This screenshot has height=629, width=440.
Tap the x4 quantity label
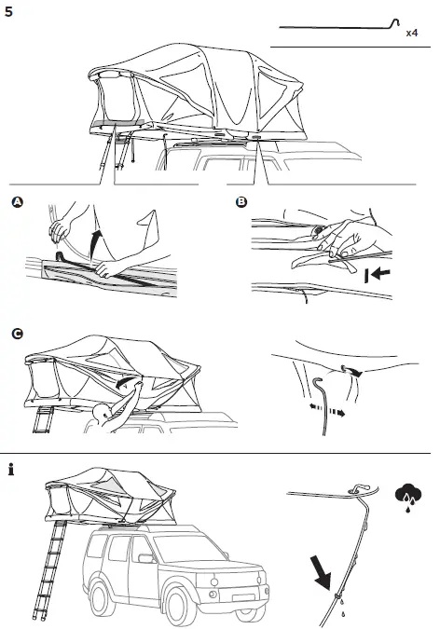click(x=412, y=33)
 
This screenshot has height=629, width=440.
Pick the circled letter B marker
click(x=242, y=202)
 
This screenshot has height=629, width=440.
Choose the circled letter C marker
click(x=17, y=332)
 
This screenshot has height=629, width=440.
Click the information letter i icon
click(x=10, y=469)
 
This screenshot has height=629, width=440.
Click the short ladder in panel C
click(x=43, y=421)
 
